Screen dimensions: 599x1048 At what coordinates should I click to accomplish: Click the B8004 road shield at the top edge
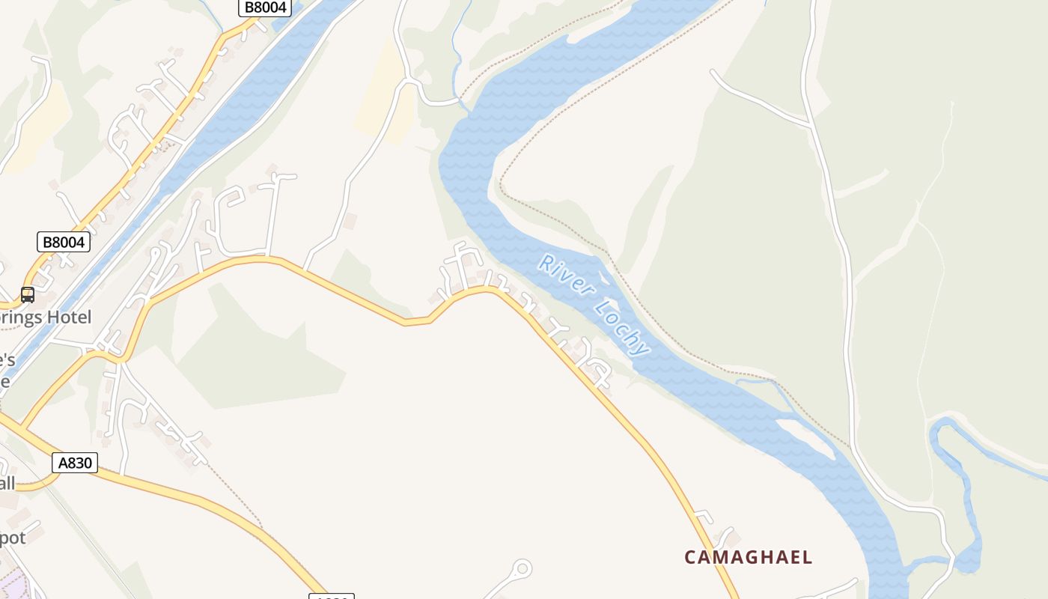[264, 7]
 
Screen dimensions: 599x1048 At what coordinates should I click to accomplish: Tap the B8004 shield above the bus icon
[64, 242]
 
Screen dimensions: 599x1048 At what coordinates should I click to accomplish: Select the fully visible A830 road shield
[76, 463]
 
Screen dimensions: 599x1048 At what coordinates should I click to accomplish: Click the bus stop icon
[28, 294]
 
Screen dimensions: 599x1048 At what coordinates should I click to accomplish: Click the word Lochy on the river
[622, 327]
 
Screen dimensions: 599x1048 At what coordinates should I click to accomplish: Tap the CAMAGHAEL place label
[748, 557]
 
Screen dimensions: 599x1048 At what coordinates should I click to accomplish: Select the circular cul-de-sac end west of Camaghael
[522, 568]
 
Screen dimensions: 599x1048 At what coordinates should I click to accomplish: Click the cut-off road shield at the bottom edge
[331, 597]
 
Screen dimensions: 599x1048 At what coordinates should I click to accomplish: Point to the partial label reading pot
[13, 538]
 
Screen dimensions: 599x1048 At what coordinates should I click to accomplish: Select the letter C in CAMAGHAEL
[692, 557]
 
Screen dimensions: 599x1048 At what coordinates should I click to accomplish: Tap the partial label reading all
[7, 482]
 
